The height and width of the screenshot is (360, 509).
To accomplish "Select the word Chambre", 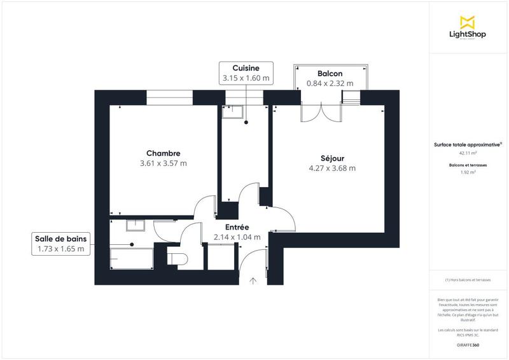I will (163, 153).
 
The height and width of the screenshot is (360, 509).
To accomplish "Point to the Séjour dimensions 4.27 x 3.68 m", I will (331, 169).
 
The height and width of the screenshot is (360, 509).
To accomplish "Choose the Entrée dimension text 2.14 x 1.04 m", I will (237, 237).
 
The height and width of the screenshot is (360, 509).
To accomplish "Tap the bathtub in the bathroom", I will (130, 258).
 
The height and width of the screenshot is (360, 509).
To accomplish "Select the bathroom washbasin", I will (135, 225).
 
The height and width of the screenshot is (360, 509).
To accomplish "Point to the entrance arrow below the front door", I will (253, 280).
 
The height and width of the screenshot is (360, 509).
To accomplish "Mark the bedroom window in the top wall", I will (169, 97).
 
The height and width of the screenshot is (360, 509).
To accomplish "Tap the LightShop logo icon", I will (468, 22).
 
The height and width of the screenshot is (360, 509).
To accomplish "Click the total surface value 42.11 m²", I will (468, 153).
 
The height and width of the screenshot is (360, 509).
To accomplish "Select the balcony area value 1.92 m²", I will (468, 172).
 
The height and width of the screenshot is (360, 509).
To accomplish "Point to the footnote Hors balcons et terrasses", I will (468, 280).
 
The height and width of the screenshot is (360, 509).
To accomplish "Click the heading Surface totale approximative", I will (468, 144).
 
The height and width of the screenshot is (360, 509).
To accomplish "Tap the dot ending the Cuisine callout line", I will (245, 125).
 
